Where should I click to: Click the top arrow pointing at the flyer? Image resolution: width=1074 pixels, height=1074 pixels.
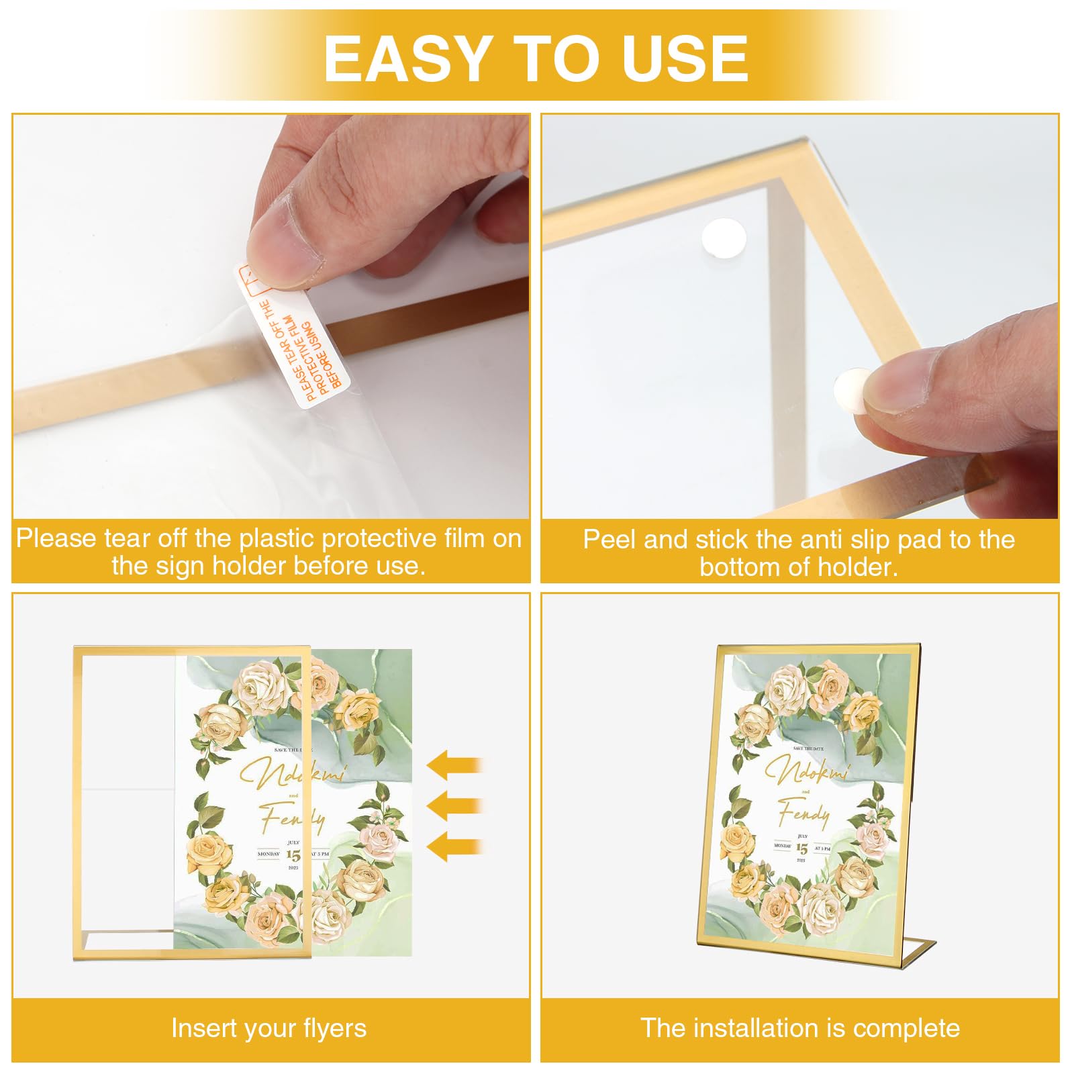click(455, 765)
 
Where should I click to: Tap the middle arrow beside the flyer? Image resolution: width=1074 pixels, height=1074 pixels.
click(455, 805)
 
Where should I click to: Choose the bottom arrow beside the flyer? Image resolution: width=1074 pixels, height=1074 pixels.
click(455, 846)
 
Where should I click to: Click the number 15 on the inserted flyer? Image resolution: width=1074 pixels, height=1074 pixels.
click(293, 855)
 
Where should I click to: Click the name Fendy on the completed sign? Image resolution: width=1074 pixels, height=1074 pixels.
click(803, 814)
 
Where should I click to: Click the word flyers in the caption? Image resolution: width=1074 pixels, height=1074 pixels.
click(334, 1028)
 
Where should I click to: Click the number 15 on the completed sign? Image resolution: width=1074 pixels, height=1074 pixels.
click(801, 849)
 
